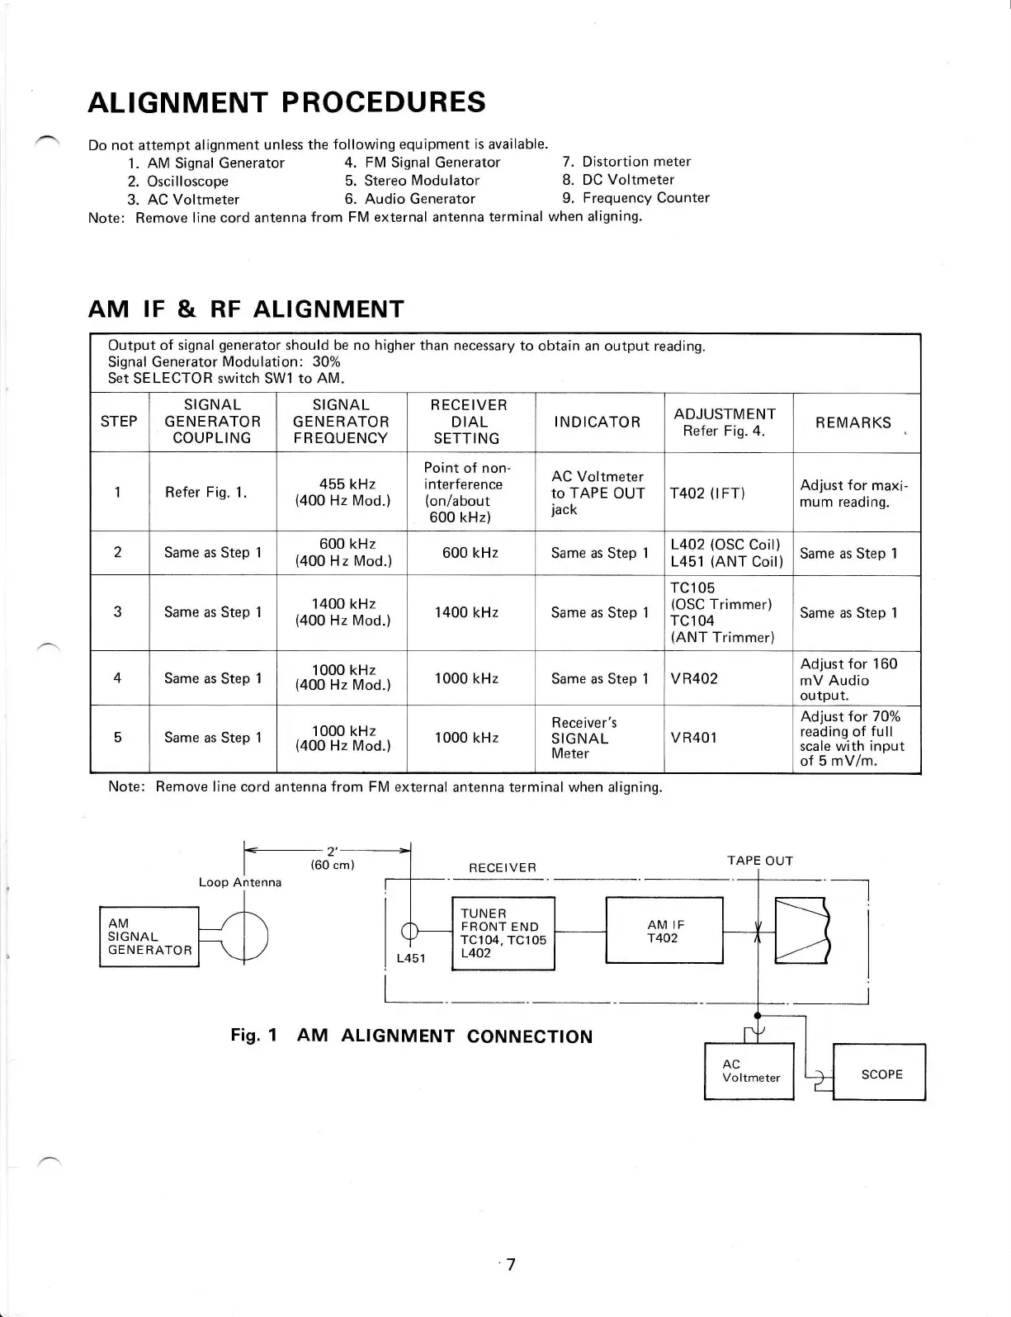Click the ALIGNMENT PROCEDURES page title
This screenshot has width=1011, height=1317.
286,102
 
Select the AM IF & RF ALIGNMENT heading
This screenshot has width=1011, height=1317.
246,309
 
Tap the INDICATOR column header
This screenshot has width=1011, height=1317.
597,422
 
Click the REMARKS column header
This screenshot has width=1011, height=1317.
853,422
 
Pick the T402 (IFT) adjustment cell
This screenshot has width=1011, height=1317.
707,493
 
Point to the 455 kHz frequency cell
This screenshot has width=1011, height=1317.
342,492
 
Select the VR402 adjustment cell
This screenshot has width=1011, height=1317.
694,678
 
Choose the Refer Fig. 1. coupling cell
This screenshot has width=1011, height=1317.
206,493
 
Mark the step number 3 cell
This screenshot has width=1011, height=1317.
118,612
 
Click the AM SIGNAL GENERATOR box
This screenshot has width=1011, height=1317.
149,937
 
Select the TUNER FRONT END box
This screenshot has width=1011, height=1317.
503,933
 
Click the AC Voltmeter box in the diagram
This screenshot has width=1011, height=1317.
749,1071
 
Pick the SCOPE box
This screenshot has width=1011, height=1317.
881,1074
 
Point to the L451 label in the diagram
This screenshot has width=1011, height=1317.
410,959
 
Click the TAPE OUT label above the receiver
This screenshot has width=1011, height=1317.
759,861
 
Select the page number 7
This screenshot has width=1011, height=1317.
511,1264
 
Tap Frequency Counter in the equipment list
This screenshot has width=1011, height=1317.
645,198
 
